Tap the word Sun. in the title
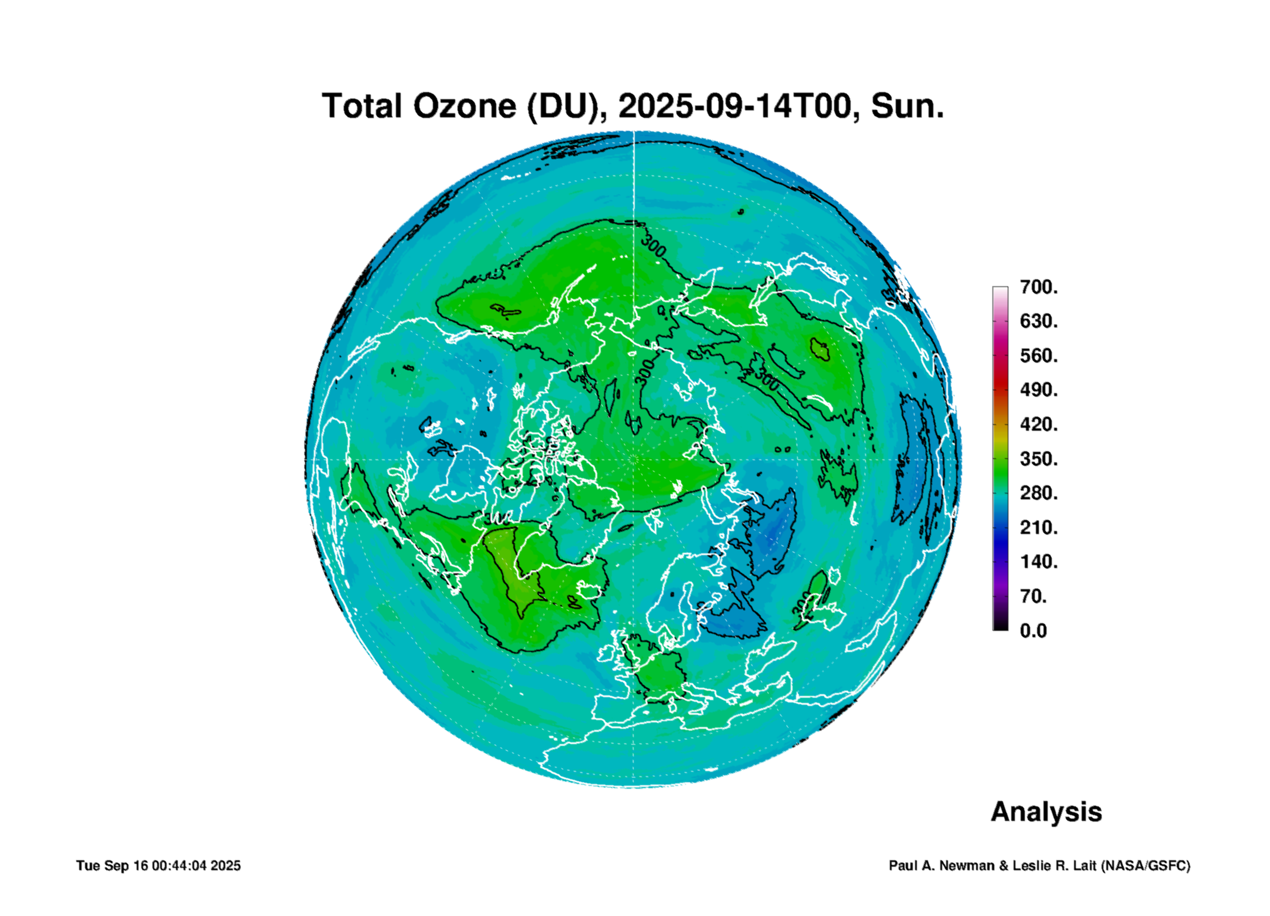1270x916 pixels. click(907, 106)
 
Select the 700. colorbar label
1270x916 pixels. click(1039, 287)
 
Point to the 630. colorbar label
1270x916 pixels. click(1039, 321)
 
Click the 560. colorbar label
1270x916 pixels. click(1039, 356)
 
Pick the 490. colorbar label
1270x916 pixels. click(1039, 390)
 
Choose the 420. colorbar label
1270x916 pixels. click(1039, 424)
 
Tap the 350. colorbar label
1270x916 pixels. click(1039, 458)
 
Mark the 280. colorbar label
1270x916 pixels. click(1039, 493)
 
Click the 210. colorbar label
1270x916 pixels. click(1039, 527)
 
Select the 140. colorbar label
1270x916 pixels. click(1039, 562)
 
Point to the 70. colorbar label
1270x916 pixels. click(1034, 596)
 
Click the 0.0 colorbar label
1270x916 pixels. click(1034, 630)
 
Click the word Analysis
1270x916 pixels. click(1047, 812)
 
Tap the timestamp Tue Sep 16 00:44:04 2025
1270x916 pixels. click(158, 866)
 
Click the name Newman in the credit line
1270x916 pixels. click(967, 866)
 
